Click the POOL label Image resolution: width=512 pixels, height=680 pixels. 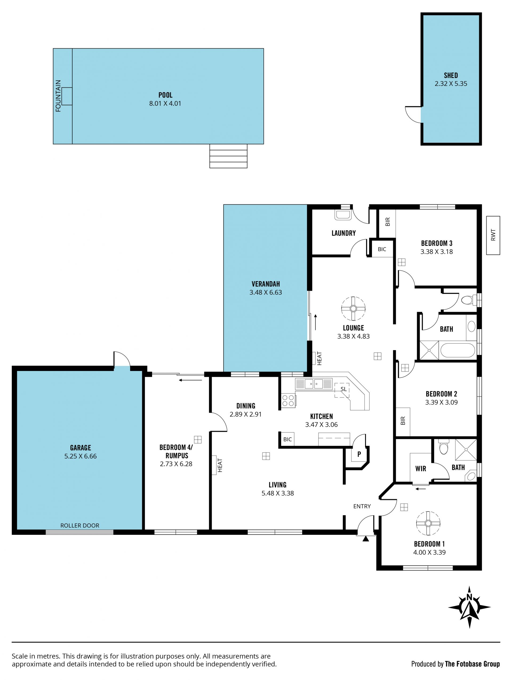pos(165,95)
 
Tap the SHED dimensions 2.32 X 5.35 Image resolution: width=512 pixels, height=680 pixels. pos(451,84)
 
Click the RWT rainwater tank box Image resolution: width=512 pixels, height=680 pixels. pos(493,235)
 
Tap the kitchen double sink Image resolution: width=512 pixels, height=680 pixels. pos(314,384)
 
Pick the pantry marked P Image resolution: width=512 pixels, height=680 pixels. pos(358,454)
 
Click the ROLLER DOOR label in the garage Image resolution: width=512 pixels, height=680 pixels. pos(80,525)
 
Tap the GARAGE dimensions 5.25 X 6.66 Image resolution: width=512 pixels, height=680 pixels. pos(81,456)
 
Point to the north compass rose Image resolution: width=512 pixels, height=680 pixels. pos(469,607)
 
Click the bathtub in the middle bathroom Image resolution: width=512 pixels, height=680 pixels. pos(457,350)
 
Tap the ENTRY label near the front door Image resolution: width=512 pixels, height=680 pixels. pos(362,506)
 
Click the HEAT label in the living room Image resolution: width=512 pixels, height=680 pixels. pos(220,465)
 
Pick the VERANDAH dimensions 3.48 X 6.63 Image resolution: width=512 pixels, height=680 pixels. pos(266,292)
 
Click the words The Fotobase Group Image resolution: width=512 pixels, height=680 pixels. pos(472,664)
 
